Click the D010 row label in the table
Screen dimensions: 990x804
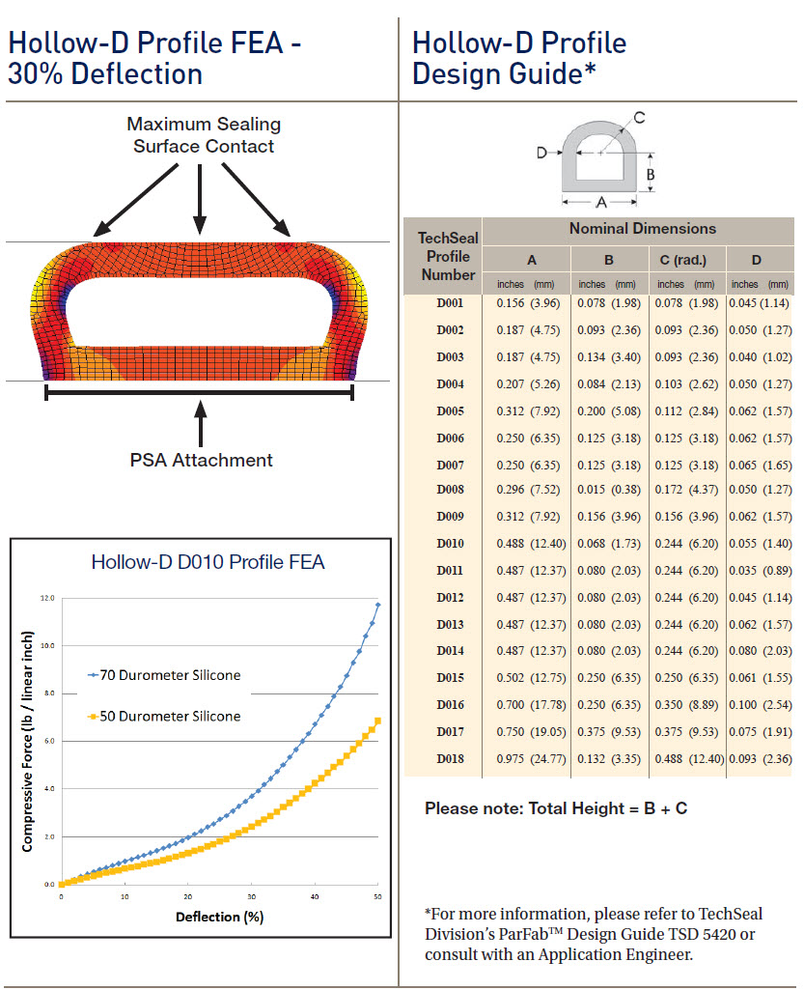click(450, 544)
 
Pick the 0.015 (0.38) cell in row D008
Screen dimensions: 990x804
click(606, 490)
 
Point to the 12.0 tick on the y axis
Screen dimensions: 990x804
click(47, 599)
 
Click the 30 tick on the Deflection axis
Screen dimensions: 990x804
click(251, 897)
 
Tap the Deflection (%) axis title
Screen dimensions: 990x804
click(219, 917)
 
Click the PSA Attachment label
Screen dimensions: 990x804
click(202, 460)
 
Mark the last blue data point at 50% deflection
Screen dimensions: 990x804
click(377, 605)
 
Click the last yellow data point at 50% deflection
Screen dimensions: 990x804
click(377, 721)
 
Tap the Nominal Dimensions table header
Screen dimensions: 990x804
click(642, 229)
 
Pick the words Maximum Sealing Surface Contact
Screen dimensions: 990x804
click(204, 135)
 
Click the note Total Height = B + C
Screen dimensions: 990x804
click(556, 808)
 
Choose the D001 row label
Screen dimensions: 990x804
click(450, 303)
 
